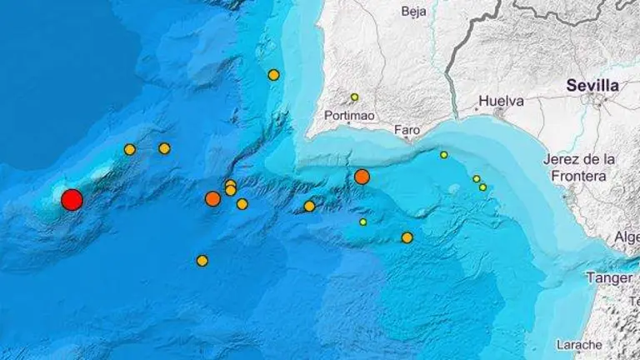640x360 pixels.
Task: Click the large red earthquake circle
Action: click(72, 199)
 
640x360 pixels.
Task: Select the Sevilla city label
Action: click(592, 85)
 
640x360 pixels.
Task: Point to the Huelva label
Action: click(501, 101)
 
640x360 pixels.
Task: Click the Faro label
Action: click(407, 130)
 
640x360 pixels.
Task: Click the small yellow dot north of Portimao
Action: click(354, 97)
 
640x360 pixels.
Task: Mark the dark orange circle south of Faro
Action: click(362, 176)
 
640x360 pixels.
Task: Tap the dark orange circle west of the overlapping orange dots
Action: click(212, 198)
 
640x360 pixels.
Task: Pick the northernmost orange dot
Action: click(273, 75)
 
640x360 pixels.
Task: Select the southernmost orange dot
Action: click(202, 261)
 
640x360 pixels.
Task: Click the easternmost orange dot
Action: click(407, 237)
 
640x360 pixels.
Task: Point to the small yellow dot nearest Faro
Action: click(444, 154)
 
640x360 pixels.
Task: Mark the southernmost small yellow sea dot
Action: click(363, 222)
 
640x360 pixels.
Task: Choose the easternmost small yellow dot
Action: click(483, 187)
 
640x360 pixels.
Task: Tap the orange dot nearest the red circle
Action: click(129, 149)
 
